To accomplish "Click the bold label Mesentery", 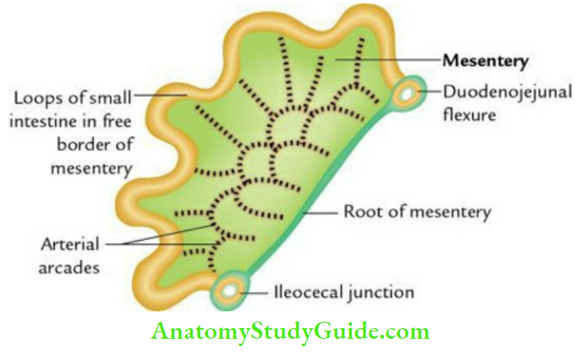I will tap(486, 60).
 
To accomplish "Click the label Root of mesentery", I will tap(418, 213).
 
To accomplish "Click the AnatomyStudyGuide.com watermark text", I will tap(289, 333).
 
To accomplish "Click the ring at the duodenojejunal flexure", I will tap(405, 96).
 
